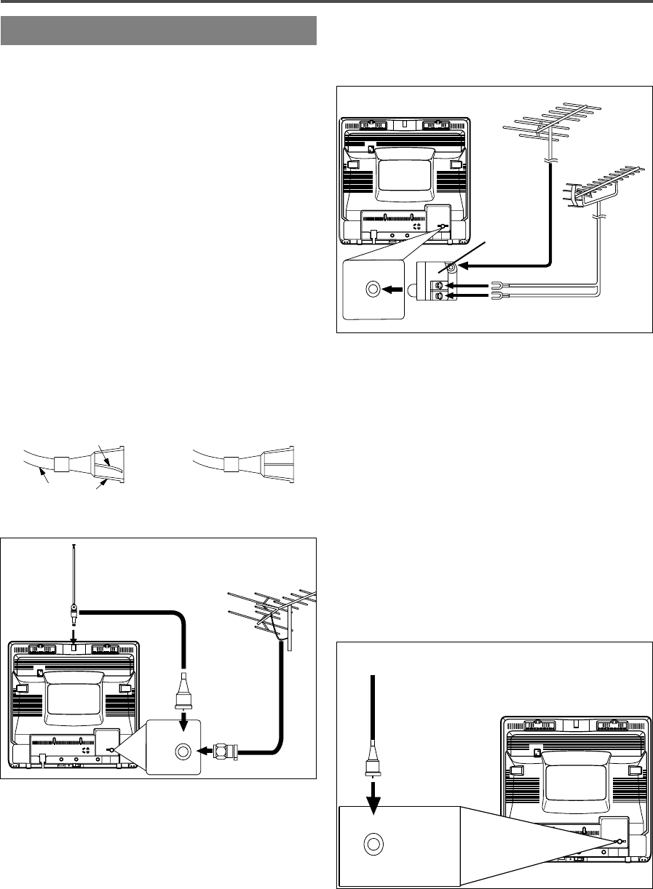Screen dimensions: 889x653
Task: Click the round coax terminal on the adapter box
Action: (452, 268)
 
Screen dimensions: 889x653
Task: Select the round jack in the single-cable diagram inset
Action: (372, 845)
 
